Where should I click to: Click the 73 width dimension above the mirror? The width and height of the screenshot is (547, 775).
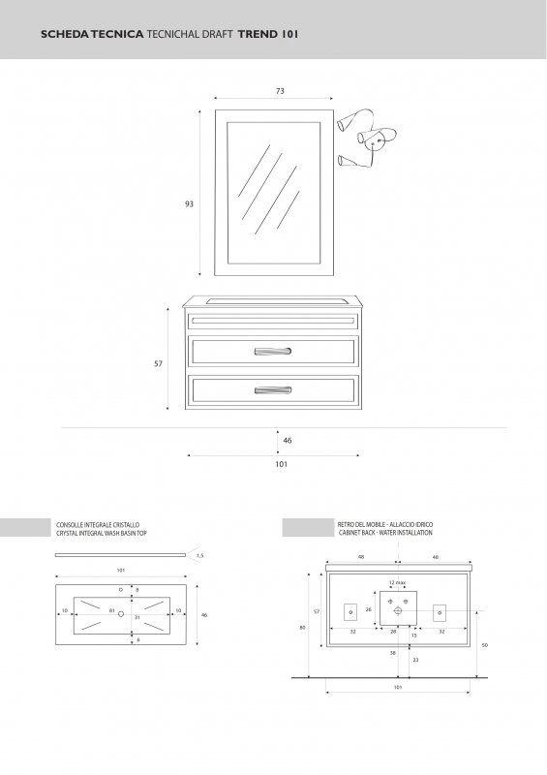coord(280,91)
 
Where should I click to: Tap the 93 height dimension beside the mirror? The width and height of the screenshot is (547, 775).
coord(189,203)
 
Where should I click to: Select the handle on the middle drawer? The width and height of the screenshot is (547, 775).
coord(273,352)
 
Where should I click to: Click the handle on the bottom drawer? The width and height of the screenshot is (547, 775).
coord(273,390)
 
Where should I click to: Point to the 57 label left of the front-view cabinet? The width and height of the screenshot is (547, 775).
coord(158,364)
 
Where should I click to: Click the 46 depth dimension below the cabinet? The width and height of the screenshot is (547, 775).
coord(288,441)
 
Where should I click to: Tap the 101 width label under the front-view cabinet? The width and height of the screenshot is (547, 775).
coord(281,464)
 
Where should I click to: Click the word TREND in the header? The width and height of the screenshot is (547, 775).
coord(258,34)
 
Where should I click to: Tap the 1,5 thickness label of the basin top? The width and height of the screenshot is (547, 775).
coord(199,555)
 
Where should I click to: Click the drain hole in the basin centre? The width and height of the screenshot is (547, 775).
coord(121,614)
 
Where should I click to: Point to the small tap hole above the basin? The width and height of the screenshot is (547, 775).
coord(121,590)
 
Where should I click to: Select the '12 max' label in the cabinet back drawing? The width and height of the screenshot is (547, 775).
coord(397,583)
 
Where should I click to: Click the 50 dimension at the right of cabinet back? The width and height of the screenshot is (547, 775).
coord(484,645)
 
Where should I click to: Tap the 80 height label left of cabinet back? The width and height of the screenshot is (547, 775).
coord(302,628)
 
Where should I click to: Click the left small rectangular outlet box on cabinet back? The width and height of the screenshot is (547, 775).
coord(350,613)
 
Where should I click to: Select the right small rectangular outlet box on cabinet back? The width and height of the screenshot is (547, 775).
coord(440,613)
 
